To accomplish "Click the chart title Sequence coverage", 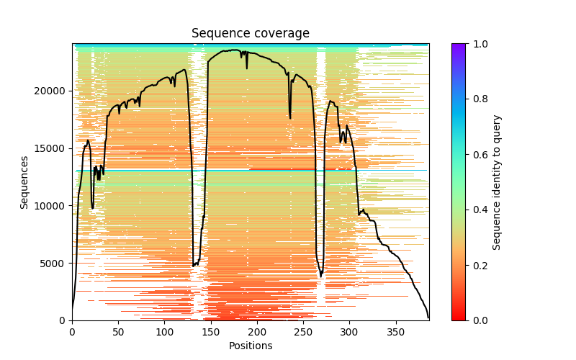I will [x=250, y=34].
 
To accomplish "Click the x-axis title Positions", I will [x=250, y=346].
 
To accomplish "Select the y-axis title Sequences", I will [x=24, y=182].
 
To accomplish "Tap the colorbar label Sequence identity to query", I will [x=497, y=182].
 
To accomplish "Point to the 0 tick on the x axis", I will [x=72, y=332].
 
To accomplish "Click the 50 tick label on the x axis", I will [x=118, y=332].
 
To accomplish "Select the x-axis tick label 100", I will [x=165, y=332].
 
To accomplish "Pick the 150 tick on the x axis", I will [x=211, y=332].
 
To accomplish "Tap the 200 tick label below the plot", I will [x=257, y=332].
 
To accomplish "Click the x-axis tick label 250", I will [x=303, y=332].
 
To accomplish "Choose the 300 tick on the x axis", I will [x=350, y=332].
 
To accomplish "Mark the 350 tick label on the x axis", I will [x=396, y=332].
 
